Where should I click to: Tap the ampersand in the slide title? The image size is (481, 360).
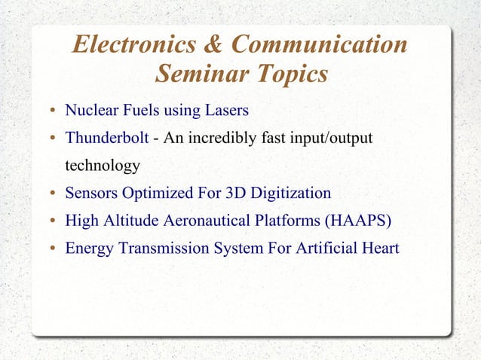click(212, 44)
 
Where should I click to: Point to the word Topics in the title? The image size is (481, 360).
click(290, 75)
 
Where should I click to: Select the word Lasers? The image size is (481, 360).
click(226, 111)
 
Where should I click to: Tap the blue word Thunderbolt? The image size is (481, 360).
click(107, 139)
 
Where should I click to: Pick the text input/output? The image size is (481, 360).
click(334, 139)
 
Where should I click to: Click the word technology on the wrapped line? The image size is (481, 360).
click(103, 166)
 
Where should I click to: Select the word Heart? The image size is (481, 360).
click(379, 248)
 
